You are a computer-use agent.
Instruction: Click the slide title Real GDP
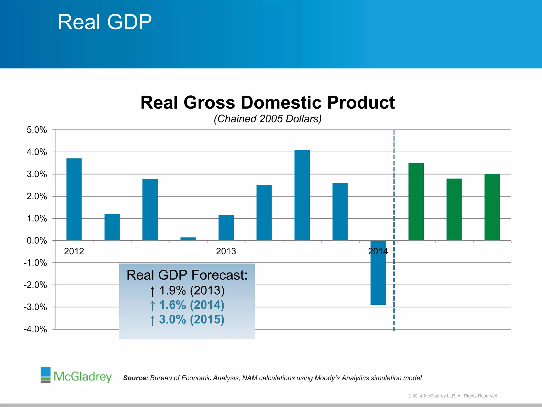tap(105, 22)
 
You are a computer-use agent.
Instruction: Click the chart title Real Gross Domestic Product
tap(268, 103)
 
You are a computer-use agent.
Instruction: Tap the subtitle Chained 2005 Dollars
tap(268, 119)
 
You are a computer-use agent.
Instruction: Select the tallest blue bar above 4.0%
tap(302, 195)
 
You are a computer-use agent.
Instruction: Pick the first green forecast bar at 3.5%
tap(416, 202)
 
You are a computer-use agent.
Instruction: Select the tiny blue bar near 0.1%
tap(188, 239)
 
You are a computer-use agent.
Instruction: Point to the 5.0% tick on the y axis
tap(37, 130)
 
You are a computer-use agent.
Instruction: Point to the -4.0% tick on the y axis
tap(35, 329)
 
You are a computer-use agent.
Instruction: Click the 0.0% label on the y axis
tap(37, 241)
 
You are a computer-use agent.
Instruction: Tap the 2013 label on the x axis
tap(226, 251)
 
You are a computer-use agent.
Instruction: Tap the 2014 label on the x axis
tap(378, 251)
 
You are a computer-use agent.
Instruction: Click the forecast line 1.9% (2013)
tap(187, 291)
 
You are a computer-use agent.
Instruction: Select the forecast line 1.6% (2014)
tap(187, 305)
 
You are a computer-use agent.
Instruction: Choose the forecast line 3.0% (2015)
tap(187, 320)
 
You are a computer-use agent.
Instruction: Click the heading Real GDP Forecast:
tap(187, 275)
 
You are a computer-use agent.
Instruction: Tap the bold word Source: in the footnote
tap(135, 378)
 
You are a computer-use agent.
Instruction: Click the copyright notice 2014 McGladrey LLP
tap(453, 396)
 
